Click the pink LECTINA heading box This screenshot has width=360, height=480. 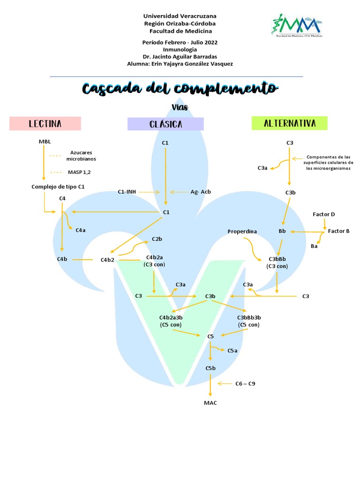click(x=45, y=124)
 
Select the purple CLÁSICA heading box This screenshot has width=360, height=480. click(x=165, y=124)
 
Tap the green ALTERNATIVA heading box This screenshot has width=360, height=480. click(x=289, y=123)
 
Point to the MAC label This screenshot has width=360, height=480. click(x=210, y=403)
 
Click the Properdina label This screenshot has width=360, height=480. click(x=242, y=232)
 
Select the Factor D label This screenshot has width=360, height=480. click(x=324, y=214)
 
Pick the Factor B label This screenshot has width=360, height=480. click(x=338, y=231)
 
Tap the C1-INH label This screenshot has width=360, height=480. click(x=127, y=192)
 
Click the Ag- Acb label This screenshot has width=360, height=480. click(x=201, y=192)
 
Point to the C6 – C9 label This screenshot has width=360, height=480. click(x=245, y=383)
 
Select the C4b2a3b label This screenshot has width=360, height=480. click(x=171, y=318)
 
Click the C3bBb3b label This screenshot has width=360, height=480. click(x=249, y=318)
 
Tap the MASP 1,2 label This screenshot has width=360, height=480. click(x=79, y=172)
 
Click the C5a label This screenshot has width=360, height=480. click(x=232, y=350)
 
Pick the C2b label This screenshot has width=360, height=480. click(x=157, y=239)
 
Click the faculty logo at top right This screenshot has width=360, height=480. click(x=295, y=25)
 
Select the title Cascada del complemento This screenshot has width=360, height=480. click(x=180, y=89)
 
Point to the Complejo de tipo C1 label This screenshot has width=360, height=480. click(x=58, y=187)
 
